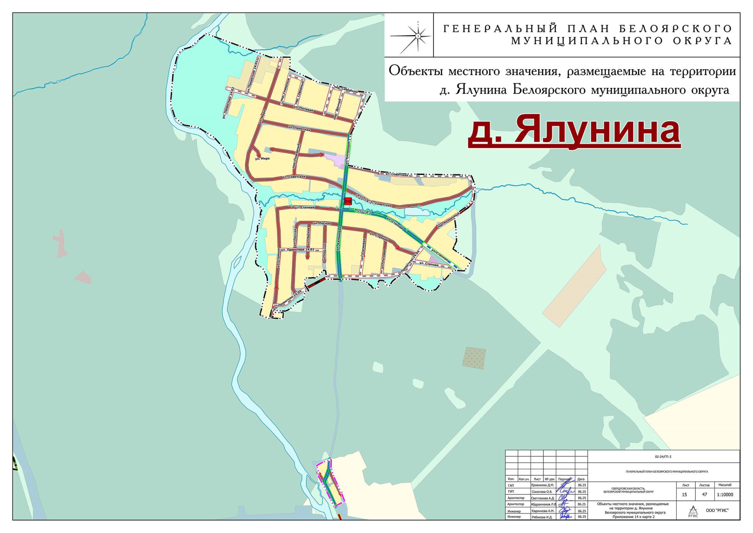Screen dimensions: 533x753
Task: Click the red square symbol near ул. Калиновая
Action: [x=348, y=201]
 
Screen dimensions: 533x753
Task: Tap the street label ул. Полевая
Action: [x=304, y=109]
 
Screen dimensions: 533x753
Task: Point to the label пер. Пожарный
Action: [x=295, y=159]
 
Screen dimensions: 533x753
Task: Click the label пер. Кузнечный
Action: [x=448, y=220]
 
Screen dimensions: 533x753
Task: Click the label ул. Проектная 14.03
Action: [x=297, y=250]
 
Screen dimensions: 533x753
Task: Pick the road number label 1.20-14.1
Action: [x=363, y=212]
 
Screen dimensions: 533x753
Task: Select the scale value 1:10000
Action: [x=725, y=494]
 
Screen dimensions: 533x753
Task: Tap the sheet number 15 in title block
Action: [x=684, y=494]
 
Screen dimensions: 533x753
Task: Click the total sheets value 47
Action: [x=704, y=494]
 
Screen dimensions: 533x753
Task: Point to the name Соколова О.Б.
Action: [x=543, y=492]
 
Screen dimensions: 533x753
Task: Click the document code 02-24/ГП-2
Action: [x=663, y=457]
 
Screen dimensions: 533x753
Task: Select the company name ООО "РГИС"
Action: [x=717, y=510]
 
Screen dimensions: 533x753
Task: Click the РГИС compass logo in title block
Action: [x=693, y=511]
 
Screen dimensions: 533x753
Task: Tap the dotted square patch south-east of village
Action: [x=474, y=358]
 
